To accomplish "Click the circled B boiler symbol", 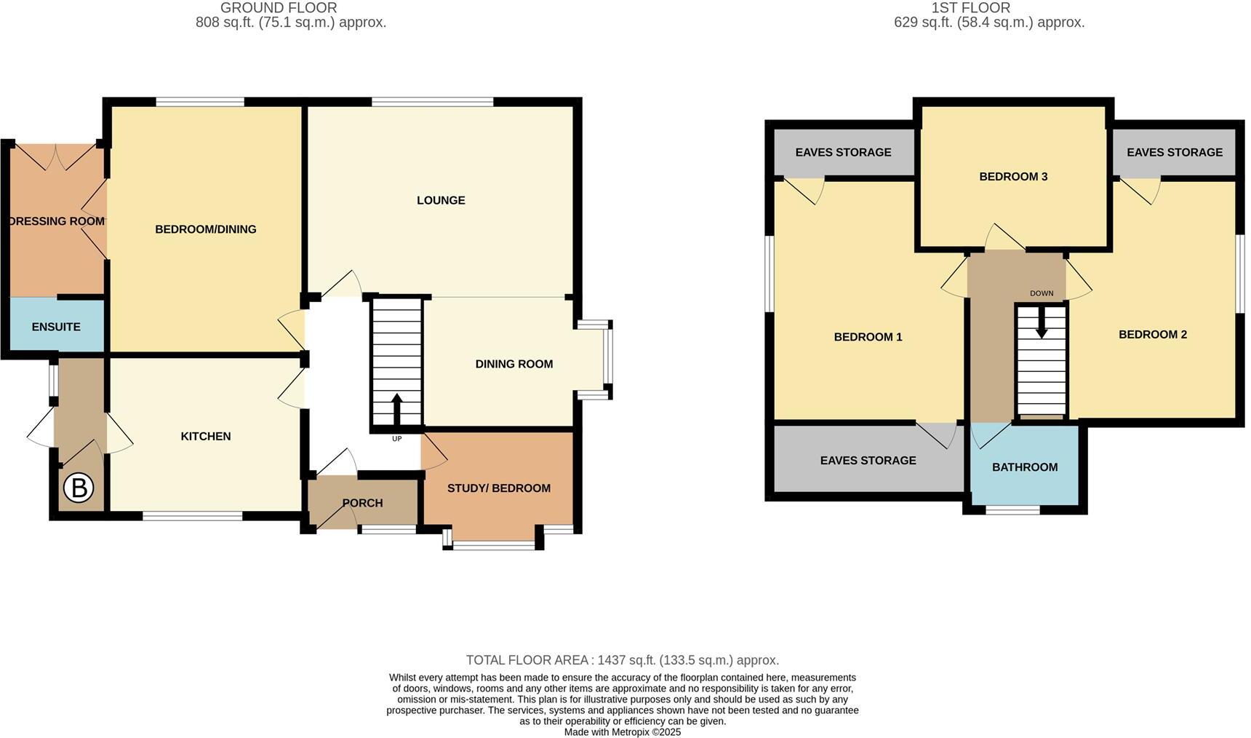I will (x=79, y=488).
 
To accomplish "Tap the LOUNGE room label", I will (x=441, y=200).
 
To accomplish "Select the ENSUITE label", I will (x=56, y=327).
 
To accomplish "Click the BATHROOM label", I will (x=1025, y=467).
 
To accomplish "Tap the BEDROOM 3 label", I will (x=1013, y=177).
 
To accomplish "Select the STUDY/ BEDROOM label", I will (x=498, y=488).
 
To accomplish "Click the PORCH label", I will (x=362, y=503).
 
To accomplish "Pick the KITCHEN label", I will (x=206, y=436).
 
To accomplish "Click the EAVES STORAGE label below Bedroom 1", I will (x=868, y=461).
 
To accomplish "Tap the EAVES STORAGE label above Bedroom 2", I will (x=1175, y=152).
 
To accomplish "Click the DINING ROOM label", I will (x=514, y=364).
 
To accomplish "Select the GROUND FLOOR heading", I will (x=279, y=8).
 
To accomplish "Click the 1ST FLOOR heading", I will (x=971, y=8).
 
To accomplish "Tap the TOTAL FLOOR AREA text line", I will (x=622, y=660).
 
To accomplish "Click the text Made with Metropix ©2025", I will (x=622, y=732).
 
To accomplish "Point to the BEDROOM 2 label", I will (x=1153, y=335).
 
